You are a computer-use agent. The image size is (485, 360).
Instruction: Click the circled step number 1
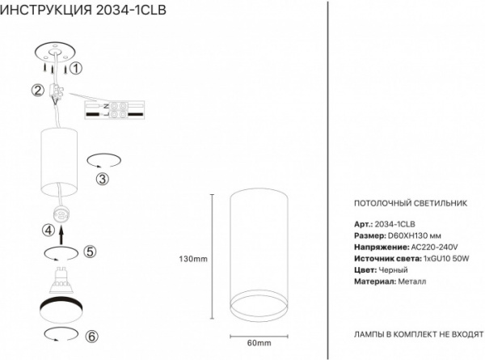point(76,68)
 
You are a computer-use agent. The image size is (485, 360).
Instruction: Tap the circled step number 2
point(38,91)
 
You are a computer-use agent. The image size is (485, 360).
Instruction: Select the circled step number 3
point(103,179)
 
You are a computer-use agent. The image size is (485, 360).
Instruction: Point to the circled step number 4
point(48,231)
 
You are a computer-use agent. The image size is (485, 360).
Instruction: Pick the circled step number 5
point(90,252)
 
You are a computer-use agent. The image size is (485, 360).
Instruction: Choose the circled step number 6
point(91,337)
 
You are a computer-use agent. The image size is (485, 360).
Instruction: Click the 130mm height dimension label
point(193,259)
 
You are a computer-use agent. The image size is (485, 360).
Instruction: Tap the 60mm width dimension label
point(259,343)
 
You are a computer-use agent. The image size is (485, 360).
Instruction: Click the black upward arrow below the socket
point(61,235)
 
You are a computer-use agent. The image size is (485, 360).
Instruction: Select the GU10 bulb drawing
point(61,280)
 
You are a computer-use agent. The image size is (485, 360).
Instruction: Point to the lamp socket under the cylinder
point(61,214)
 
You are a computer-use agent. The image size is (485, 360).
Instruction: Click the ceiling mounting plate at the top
point(56,53)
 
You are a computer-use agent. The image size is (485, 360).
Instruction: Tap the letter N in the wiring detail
point(106,106)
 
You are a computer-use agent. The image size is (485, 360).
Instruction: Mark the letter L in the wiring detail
point(106,115)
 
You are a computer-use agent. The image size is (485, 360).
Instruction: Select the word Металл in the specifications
point(412,282)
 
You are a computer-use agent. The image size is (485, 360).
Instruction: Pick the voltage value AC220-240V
point(434,247)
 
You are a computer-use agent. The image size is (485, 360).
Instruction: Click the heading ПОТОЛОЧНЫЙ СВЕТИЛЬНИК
point(411,203)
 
